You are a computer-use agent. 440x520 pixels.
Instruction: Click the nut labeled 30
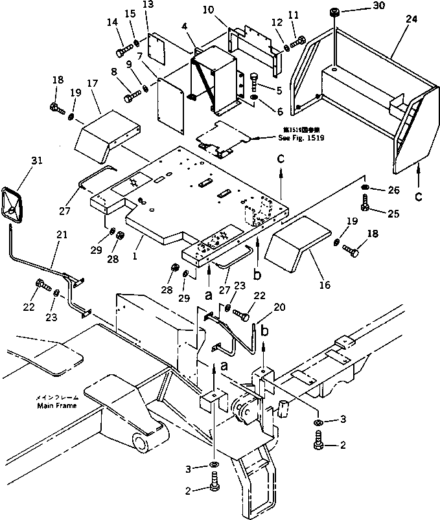pos(335,13)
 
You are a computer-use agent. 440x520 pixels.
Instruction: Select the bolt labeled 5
pos(255,82)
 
